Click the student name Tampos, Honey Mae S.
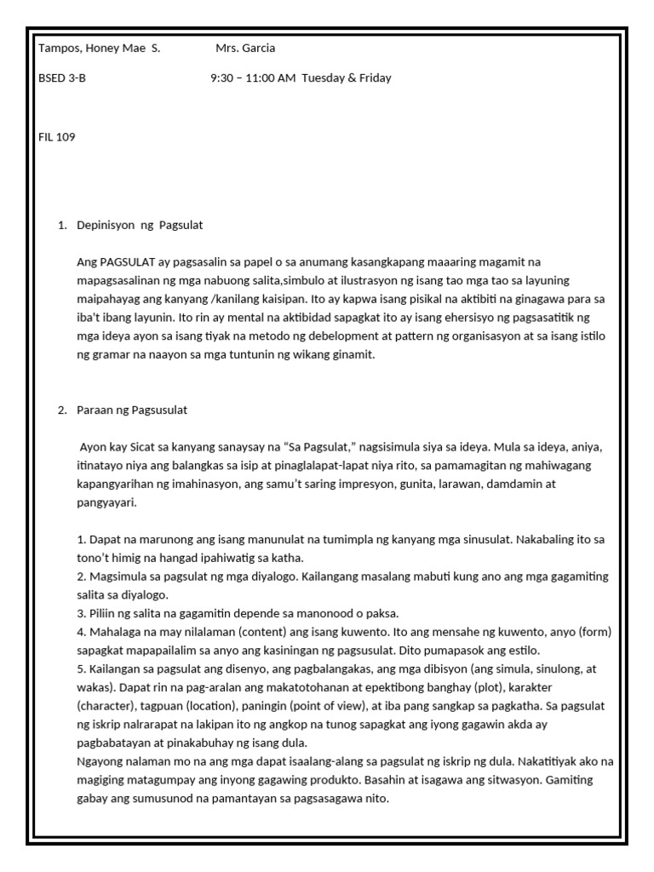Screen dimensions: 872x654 (x=99, y=49)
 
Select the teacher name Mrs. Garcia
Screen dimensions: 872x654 (x=245, y=49)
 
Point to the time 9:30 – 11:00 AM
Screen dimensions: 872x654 (x=253, y=78)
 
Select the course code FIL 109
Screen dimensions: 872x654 (x=57, y=137)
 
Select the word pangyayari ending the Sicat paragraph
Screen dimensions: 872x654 (x=106, y=502)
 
